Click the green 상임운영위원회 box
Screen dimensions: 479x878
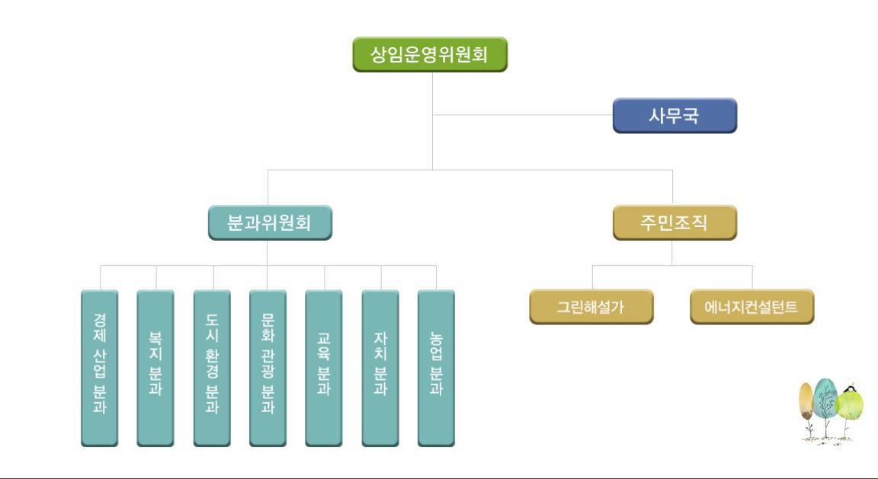click(x=430, y=54)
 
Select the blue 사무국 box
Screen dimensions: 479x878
click(x=675, y=116)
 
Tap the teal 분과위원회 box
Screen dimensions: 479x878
click(x=270, y=222)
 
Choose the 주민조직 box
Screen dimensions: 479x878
click(x=675, y=222)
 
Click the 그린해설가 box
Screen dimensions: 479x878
click(x=591, y=307)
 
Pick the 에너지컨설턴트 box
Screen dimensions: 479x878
click(x=751, y=307)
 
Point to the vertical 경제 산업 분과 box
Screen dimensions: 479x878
click(x=100, y=368)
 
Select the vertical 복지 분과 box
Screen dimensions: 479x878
click(x=155, y=368)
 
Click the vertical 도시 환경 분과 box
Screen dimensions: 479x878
click(x=212, y=368)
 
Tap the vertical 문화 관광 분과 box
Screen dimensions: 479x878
click(x=268, y=368)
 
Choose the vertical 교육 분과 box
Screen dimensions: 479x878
click(x=324, y=368)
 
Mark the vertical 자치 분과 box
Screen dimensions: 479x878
click(x=380, y=368)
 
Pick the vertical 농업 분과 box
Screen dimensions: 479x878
click(x=436, y=368)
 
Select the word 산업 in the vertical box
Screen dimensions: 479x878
click(x=100, y=362)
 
